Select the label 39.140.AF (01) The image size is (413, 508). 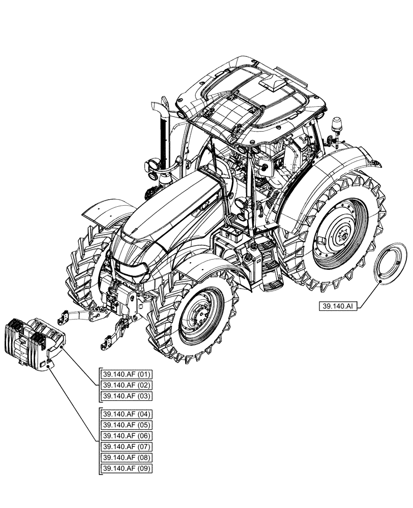point(120,375)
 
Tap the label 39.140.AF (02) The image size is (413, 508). point(120,386)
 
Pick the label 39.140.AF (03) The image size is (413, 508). point(120,396)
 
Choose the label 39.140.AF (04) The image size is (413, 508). point(120,414)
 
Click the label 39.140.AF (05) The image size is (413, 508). point(120,425)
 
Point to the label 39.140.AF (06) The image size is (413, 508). point(120,436)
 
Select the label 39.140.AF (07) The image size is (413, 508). point(120,447)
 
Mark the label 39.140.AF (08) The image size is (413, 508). point(120,457)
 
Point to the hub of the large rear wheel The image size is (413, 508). point(340,234)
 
